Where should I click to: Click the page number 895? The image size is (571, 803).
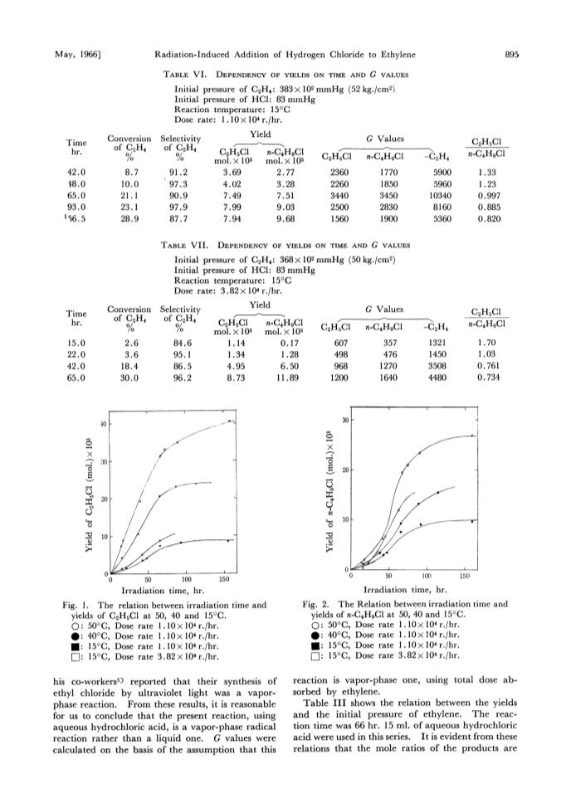pyautogui.click(x=512, y=55)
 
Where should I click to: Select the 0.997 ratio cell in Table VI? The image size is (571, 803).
pyautogui.click(x=489, y=196)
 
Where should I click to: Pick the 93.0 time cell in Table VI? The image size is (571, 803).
pyautogui.click(x=76, y=207)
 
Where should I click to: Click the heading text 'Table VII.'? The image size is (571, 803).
pyautogui.click(x=184, y=246)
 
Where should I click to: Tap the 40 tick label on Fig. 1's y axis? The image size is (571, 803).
pyautogui.click(x=103, y=424)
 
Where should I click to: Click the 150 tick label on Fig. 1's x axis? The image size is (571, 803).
pyautogui.click(x=224, y=580)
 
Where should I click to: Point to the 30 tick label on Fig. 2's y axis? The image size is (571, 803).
pyautogui.click(x=345, y=420)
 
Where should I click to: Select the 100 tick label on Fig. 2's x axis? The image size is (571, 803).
pyautogui.click(x=427, y=577)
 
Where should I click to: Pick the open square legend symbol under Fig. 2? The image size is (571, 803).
pyautogui.click(x=315, y=655)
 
